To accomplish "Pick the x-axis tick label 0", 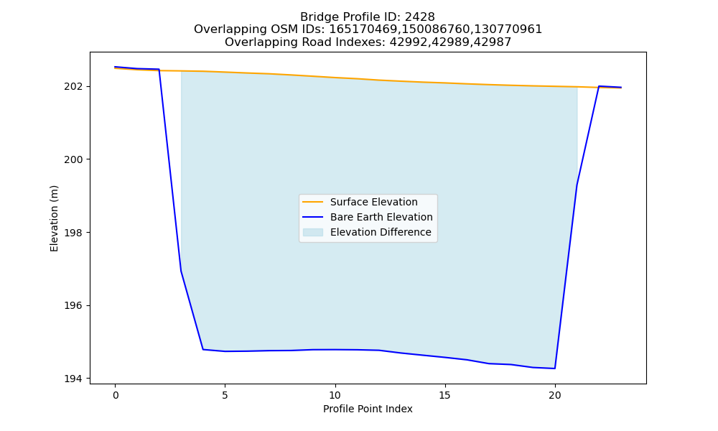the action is (x=116, y=395).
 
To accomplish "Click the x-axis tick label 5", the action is (x=225, y=395).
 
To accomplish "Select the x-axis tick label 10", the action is (x=335, y=395).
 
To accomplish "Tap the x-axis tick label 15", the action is (x=444, y=395).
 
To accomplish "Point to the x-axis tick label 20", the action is (x=554, y=395).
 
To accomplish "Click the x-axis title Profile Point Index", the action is (x=368, y=409).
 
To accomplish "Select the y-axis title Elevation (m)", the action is (x=54, y=218).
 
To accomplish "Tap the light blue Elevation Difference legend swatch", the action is (x=313, y=232).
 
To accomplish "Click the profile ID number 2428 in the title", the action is (x=420, y=17).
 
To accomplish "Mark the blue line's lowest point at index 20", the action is (x=555, y=369).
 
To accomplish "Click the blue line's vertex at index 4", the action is (x=203, y=350).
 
